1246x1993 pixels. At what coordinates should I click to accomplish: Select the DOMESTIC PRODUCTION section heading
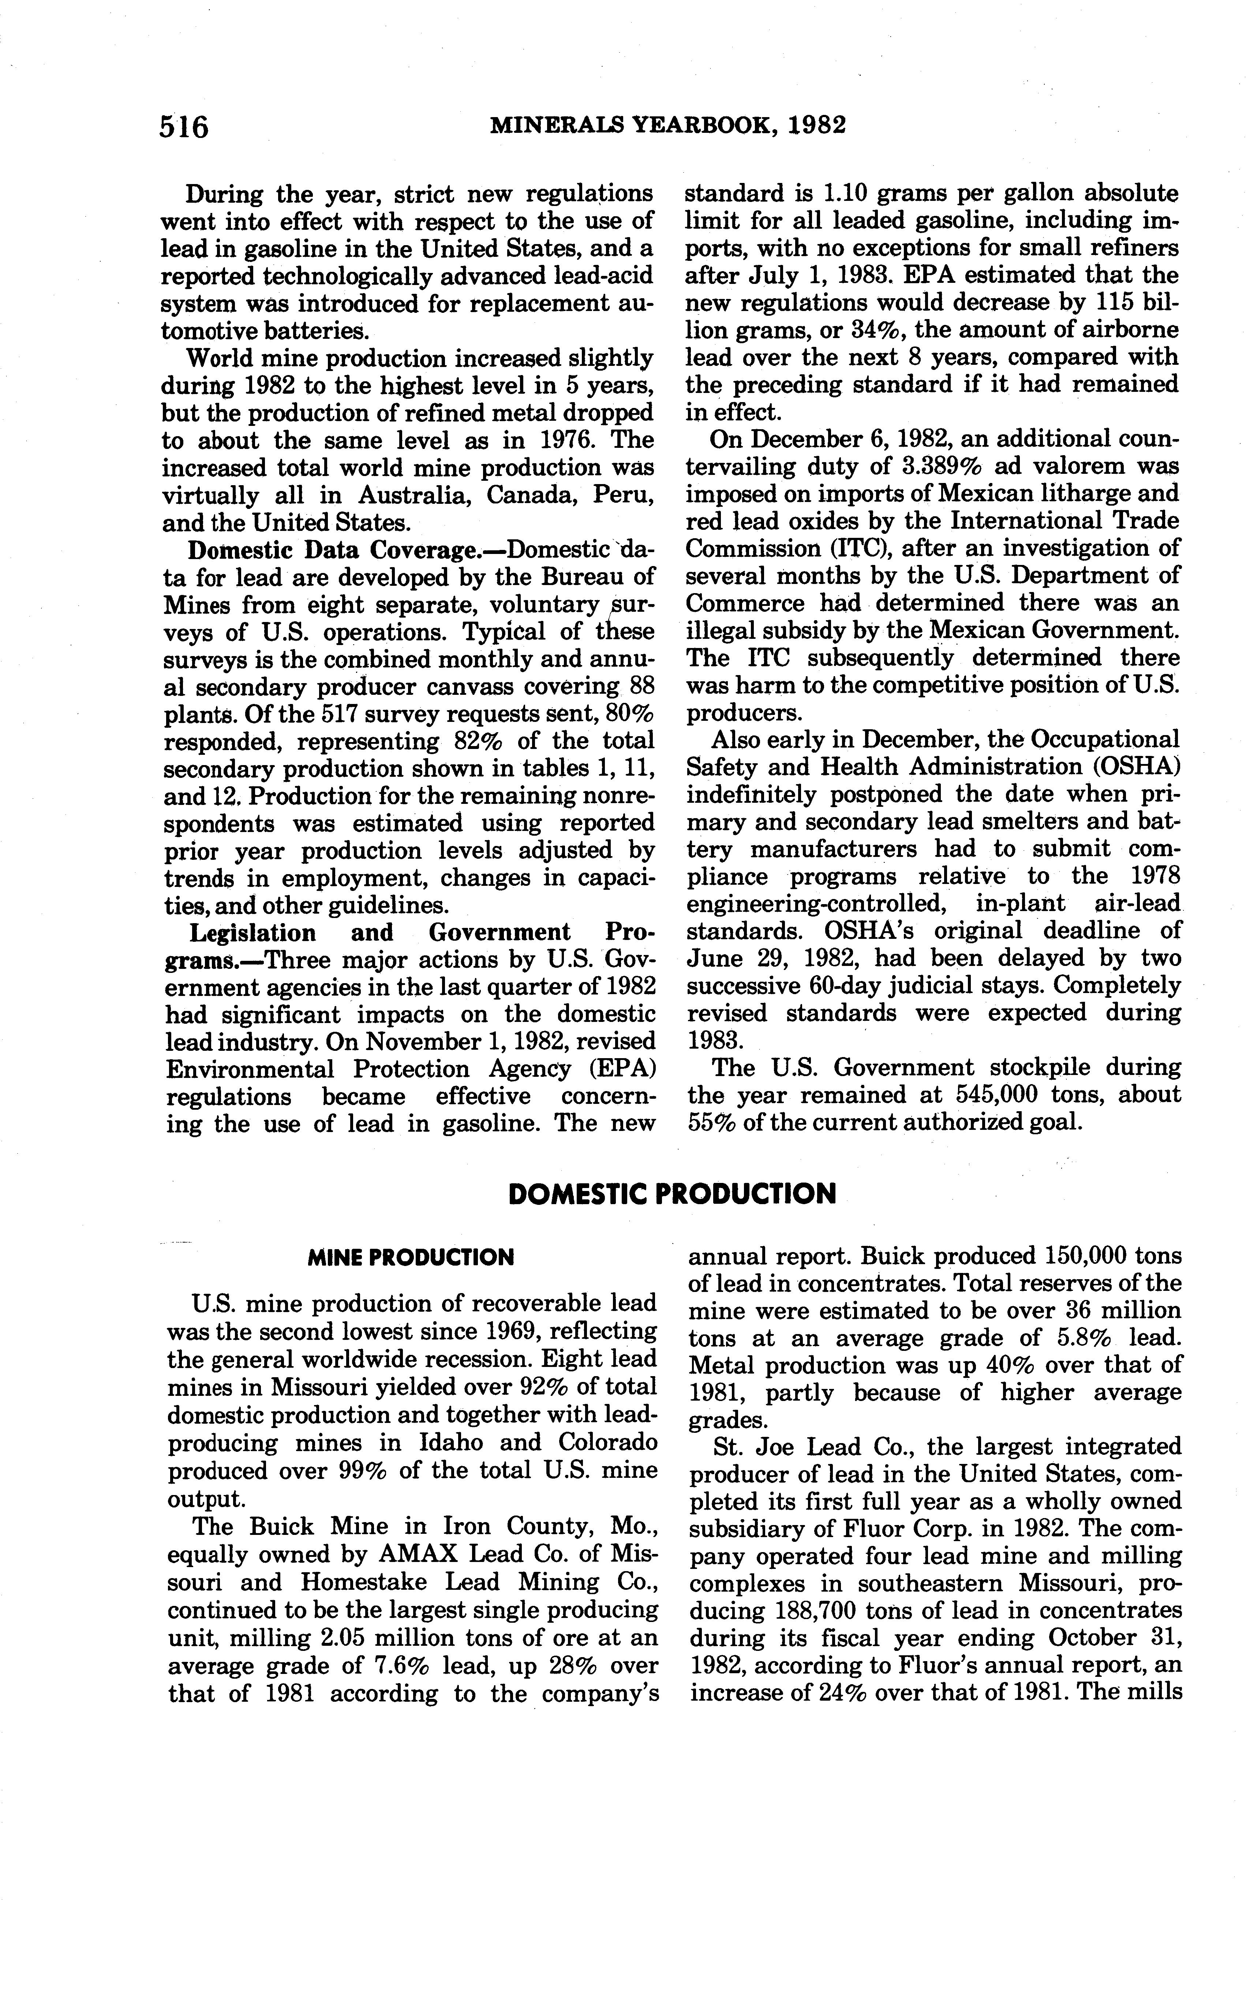pos(671,1194)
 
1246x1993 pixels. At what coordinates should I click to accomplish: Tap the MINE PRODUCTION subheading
pos(410,1257)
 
